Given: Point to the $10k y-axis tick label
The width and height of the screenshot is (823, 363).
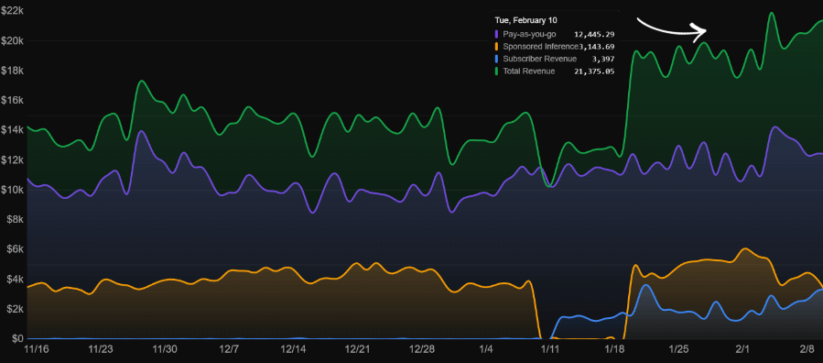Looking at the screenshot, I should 12,190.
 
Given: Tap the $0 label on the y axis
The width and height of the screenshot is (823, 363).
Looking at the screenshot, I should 17,339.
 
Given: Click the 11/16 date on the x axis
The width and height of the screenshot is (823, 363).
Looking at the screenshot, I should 37,349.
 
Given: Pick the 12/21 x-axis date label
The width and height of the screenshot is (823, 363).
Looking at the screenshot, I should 358,349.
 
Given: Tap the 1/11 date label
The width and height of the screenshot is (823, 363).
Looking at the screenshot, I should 550,349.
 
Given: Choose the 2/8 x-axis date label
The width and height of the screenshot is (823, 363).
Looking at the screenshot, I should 807,349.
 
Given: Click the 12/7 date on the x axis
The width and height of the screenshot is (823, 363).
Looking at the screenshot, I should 229,349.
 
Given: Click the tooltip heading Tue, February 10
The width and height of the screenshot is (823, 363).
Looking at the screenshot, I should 525,20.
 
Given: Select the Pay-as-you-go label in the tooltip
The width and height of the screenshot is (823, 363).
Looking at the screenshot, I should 530,34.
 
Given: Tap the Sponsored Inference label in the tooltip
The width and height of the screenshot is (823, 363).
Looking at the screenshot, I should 540,47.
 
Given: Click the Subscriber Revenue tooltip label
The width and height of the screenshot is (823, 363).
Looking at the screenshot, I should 539,59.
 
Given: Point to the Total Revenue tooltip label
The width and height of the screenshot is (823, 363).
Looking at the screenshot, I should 529,71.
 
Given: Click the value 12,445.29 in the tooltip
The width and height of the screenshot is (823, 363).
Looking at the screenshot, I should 594,34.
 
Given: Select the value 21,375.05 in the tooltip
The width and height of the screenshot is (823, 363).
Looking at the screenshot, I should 594,71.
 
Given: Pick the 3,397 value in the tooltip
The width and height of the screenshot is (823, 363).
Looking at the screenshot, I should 601,59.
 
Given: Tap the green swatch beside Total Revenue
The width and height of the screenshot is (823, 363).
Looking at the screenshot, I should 497,71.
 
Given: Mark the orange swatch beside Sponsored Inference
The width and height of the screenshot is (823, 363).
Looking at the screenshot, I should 497,47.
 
